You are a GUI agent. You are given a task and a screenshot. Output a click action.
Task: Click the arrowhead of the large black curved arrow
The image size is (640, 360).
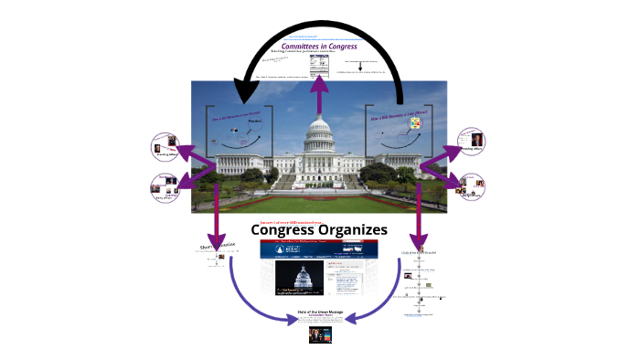click(x=245, y=91)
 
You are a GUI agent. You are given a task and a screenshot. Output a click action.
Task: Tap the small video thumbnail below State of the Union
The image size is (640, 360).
click(x=319, y=335)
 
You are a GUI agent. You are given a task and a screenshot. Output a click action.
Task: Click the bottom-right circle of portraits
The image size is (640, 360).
click(x=472, y=188)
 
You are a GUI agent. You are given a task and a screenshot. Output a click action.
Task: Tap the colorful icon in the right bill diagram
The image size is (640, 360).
click(x=413, y=122)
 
